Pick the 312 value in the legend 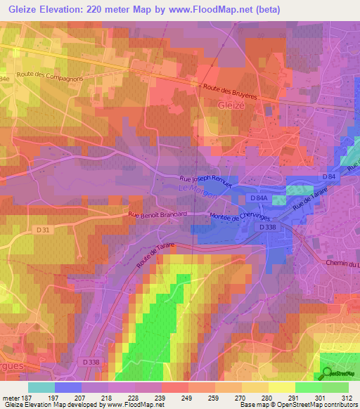[347, 397]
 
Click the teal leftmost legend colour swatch [41, 387]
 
